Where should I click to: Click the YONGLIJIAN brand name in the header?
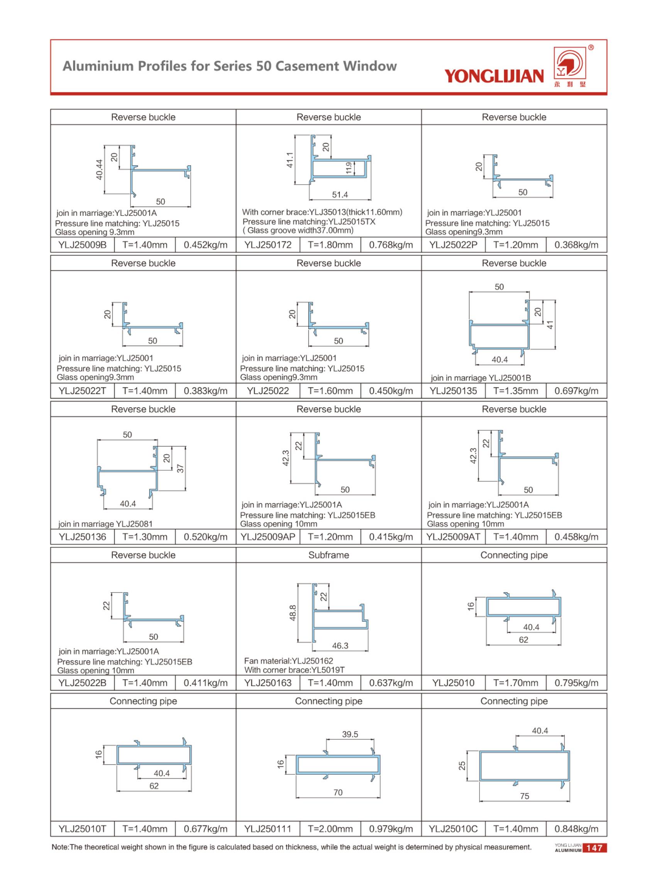494,76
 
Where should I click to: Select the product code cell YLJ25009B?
82,245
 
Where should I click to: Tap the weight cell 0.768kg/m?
391,245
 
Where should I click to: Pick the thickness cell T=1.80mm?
330,245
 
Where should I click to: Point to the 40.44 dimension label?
100,169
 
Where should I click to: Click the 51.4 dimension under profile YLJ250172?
340,195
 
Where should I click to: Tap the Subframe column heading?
328,555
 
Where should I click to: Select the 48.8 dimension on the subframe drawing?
293,613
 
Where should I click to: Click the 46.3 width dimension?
340,646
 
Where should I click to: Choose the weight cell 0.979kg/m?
391,829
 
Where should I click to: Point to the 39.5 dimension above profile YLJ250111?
350,735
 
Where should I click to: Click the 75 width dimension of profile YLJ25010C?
525,796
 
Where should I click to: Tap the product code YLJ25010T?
82,829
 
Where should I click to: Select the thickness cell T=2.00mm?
330,829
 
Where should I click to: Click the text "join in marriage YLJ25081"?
105,524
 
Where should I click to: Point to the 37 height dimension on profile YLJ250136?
180,468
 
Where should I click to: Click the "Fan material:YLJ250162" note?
288,661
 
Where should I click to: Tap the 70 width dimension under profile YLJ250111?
338,793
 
